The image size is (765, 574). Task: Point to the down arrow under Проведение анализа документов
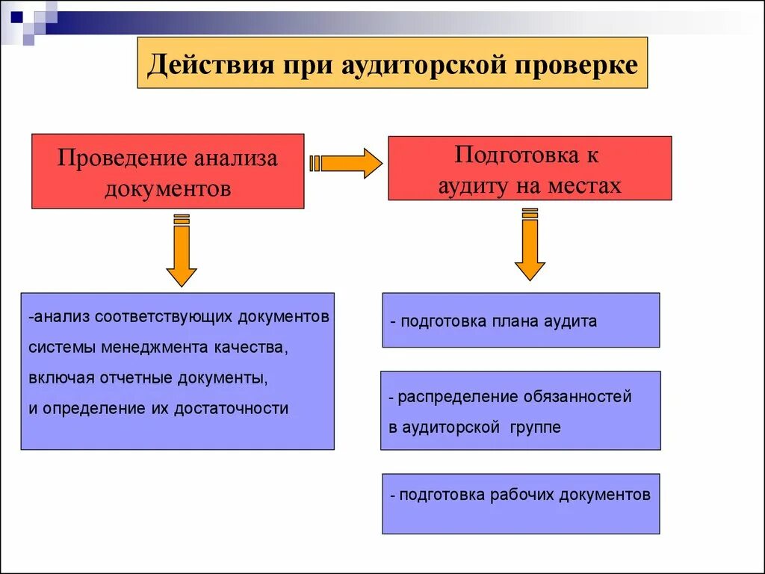pos(181,253)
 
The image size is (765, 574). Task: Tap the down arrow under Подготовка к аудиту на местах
pos(530,248)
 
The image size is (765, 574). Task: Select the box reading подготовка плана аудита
pos(521,321)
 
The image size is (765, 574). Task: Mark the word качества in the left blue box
pos(252,348)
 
